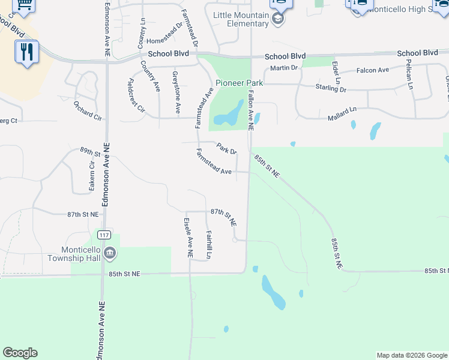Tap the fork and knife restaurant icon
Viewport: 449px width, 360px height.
click(x=26, y=52)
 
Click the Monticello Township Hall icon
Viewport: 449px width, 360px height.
click(x=109, y=254)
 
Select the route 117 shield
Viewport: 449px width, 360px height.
click(x=106, y=233)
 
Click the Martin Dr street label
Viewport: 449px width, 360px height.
click(x=284, y=68)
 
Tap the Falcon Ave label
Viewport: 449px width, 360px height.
click(x=372, y=70)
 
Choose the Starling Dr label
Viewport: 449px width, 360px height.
click(x=331, y=88)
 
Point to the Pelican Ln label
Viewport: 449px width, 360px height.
click(x=409, y=74)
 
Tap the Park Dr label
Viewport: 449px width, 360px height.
click(x=227, y=148)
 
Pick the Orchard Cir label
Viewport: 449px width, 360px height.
click(x=88, y=111)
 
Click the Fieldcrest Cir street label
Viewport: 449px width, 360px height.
click(x=137, y=95)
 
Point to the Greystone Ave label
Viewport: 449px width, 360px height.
click(x=176, y=93)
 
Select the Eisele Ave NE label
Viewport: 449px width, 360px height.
click(x=187, y=238)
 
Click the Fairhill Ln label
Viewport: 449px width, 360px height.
click(x=209, y=245)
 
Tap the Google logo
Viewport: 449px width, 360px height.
click(x=20, y=353)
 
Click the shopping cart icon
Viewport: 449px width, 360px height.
click(x=24, y=5)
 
